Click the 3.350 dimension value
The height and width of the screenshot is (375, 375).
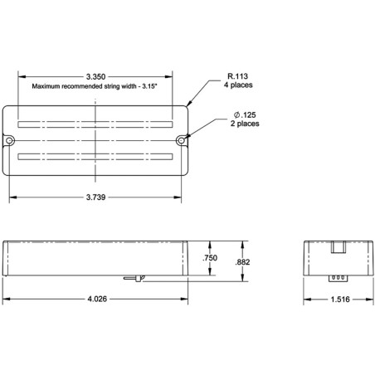pyautogui.click(x=95, y=76)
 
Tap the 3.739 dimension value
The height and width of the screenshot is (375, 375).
pyautogui.click(x=95, y=197)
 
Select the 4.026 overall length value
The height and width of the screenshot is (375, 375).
pyautogui.click(x=97, y=299)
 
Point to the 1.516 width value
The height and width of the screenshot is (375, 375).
pyautogui.click(x=340, y=300)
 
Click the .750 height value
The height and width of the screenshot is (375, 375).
pyautogui.click(x=210, y=258)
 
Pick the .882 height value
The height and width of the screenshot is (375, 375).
pyautogui.click(x=242, y=262)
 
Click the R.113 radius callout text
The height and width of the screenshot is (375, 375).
pyautogui.click(x=237, y=76)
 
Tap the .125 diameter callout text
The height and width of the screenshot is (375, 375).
pyautogui.click(x=245, y=114)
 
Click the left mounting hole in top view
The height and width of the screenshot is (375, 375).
pyautogui.click(x=10, y=141)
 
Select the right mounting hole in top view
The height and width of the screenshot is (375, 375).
pyautogui.click(x=181, y=141)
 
